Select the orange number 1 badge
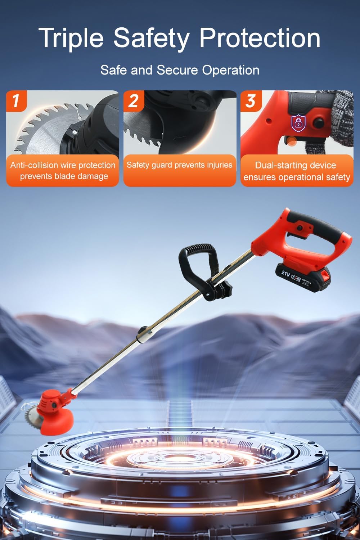pyautogui.click(x=16, y=101)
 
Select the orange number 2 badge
pyautogui.click(x=134, y=101)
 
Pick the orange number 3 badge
pyautogui.click(x=251, y=101)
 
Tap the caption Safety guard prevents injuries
pyautogui.click(x=179, y=165)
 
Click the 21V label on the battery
pyautogui.click(x=286, y=273)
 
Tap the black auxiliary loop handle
pyautogui.click(x=196, y=263)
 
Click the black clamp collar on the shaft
pyautogui.click(x=143, y=334)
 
